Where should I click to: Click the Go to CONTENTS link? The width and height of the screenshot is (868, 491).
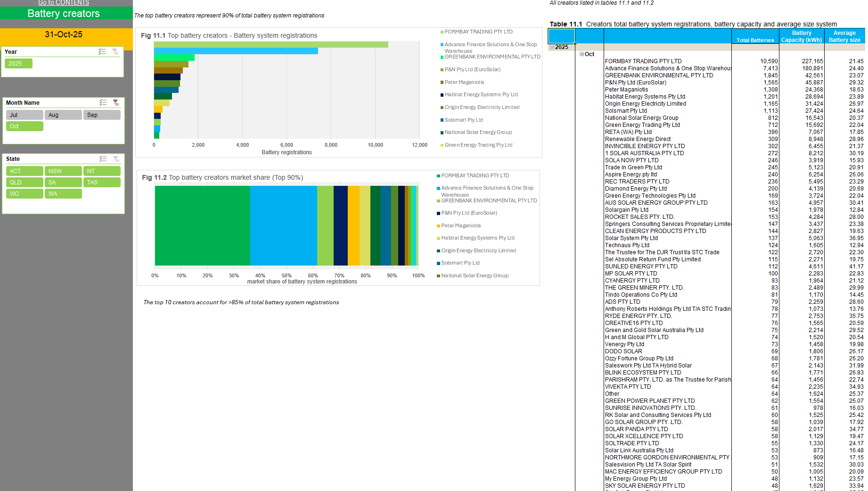tap(64, 3)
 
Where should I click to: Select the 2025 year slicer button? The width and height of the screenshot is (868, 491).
tap(18, 64)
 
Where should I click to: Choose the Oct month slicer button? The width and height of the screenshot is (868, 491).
tap(25, 126)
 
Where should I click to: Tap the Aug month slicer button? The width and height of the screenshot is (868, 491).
tap(63, 115)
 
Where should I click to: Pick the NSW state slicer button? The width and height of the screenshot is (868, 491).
tap(63, 171)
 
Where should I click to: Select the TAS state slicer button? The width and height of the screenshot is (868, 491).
tap(102, 183)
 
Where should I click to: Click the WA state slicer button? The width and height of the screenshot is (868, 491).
tap(63, 194)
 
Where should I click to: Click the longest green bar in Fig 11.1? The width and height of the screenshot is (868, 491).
tap(271, 45)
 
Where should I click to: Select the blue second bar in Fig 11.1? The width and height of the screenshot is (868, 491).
tap(236, 51)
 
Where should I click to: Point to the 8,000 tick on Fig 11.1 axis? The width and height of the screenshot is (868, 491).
tap(331, 145)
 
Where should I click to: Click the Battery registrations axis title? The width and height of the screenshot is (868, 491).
tap(287, 152)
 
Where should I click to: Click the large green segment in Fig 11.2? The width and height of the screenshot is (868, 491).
tap(203, 225)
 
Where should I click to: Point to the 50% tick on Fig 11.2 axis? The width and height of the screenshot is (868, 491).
tap(287, 276)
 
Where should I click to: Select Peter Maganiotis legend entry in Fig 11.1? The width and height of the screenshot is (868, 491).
tap(464, 83)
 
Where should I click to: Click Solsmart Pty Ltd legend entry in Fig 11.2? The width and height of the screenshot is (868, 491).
tap(460, 263)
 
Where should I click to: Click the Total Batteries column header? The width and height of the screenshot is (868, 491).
tap(755, 40)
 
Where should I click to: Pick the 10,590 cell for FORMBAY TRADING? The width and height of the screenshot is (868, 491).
tap(769, 61)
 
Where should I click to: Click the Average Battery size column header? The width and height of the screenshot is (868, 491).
tap(844, 36)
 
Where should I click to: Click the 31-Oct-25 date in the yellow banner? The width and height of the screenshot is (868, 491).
tap(64, 34)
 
